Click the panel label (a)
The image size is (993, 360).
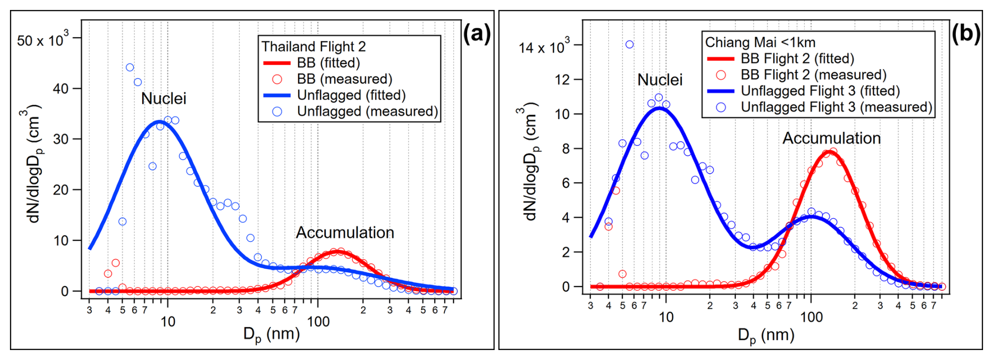(x=476, y=35)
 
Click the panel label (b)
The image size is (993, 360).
(x=965, y=34)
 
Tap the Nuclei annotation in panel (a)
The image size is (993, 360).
(x=163, y=99)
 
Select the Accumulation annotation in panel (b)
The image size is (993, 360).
(x=831, y=139)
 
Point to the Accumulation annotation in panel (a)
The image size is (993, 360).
(x=345, y=233)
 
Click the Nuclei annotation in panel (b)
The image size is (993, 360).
(x=660, y=80)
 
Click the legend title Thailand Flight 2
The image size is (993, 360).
(x=313, y=47)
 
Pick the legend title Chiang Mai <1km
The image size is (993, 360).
(x=760, y=43)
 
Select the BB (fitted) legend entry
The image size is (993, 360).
(x=328, y=63)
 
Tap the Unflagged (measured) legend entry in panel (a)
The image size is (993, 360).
(x=367, y=111)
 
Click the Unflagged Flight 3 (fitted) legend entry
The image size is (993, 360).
(x=820, y=91)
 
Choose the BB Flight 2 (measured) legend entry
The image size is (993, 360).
(x=813, y=75)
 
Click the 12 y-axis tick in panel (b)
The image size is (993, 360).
(x=562, y=80)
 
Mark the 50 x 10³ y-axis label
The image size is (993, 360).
(x=42, y=40)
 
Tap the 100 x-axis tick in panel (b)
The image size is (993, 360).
(x=811, y=317)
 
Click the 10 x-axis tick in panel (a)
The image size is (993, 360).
(x=167, y=322)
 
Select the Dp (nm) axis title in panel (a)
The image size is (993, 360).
(x=271, y=335)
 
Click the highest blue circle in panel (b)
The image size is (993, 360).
(x=629, y=45)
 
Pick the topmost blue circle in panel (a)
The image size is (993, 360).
(x=130, y=67)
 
